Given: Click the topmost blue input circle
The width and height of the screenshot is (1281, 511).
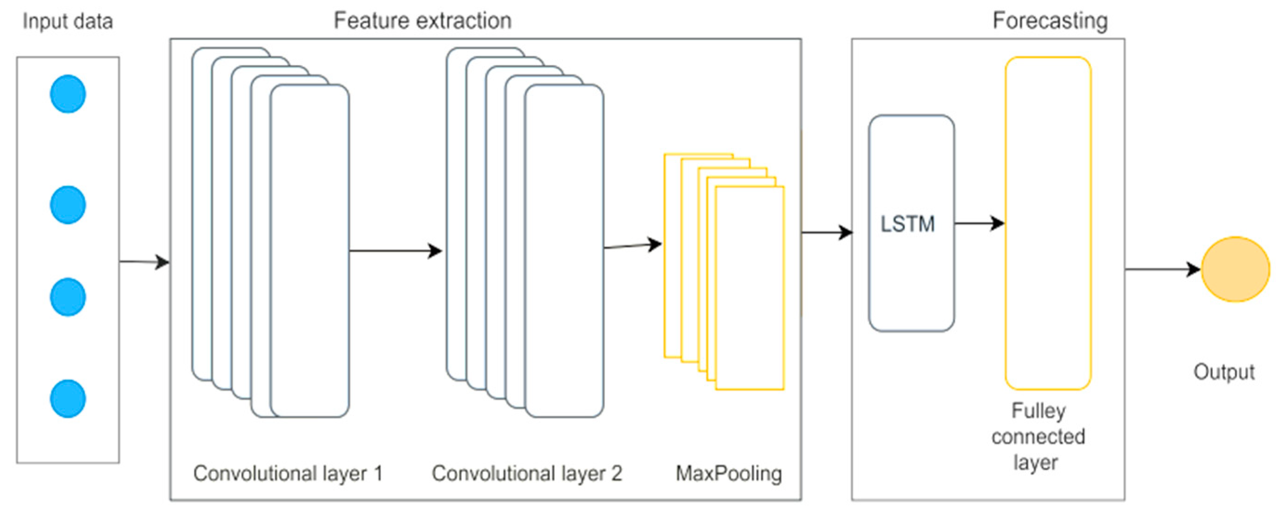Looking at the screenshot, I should [x=68, y=94].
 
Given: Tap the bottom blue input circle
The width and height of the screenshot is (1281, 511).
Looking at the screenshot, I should [x=68, y=398].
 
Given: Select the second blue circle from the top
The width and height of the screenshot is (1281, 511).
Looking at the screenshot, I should [x=68, y=205].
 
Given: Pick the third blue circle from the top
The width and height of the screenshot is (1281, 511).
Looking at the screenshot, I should [x=68, y=297].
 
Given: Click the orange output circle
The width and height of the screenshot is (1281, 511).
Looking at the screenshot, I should [x=1235, y=269].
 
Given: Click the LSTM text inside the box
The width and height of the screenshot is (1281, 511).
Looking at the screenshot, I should [x=907, y=224].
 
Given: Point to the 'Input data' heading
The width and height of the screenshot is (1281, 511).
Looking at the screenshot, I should [x=68, y=21].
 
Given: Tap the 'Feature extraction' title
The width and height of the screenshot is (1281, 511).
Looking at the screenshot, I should [x=422, y=21].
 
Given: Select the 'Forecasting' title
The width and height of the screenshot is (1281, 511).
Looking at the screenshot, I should [x=1050, y=21].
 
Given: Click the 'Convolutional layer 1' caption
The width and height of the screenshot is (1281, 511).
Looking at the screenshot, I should [x=288, y=473].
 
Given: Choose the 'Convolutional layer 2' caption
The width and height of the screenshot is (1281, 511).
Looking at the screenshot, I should [x=526, y=473].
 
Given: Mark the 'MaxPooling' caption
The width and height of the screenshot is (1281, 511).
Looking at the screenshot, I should [x=729, y=473].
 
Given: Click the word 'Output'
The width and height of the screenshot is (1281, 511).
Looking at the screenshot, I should [x=1224, y=372].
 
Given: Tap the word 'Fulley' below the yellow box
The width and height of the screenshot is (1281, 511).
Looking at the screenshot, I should [x=1038, y=411].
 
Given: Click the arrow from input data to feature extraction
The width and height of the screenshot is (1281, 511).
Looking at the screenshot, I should [x=144, y=261].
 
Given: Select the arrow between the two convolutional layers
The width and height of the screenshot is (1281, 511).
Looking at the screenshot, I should [x=395, y=251].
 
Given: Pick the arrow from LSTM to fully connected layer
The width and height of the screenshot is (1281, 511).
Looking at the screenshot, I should [x=979, y=223].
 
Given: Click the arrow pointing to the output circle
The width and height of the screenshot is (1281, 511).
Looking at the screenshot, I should [x=1163, y=269].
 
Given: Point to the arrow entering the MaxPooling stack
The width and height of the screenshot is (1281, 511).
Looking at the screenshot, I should [x=632, y=246].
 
